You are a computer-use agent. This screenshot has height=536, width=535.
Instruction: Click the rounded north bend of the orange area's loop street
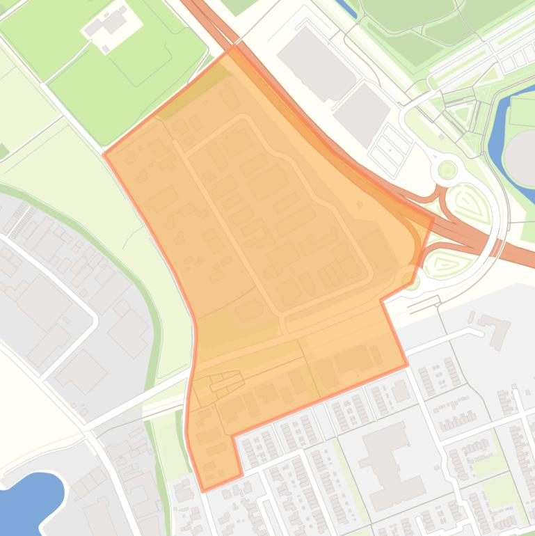[x=241, y=120]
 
